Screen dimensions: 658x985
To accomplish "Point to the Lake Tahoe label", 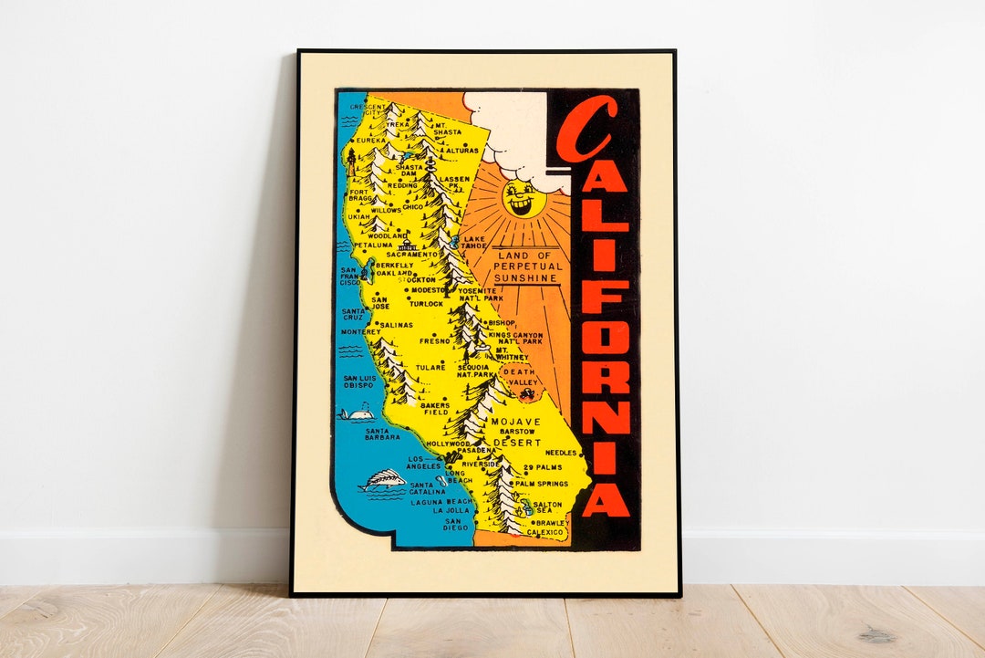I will click(474, 242).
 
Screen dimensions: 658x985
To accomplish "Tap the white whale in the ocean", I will click(356, 414).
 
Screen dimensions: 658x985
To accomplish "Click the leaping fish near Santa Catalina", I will click(383, 480).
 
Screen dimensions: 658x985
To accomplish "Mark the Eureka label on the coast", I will click(371, 141).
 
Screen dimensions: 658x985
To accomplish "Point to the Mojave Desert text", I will click(515, 432).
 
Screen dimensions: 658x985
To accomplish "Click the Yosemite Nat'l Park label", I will click(481, 294).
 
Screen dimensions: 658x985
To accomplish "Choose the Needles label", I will click(561, 452).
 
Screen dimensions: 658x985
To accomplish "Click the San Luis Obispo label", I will click(358, 381).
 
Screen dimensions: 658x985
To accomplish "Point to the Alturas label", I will click(461, 151).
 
